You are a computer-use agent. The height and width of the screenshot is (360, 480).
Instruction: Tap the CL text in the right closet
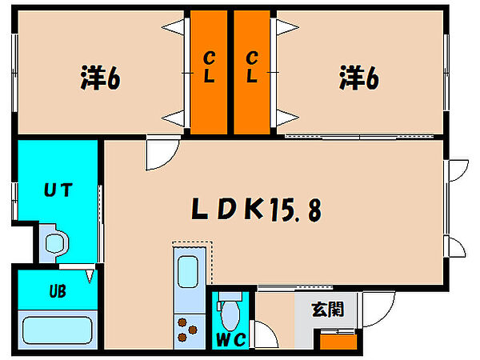[x=253, y=68]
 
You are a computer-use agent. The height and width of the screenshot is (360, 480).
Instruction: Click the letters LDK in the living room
[x=227, y=210]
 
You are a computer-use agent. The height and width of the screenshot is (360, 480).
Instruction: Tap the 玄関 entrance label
[x=328, y=309]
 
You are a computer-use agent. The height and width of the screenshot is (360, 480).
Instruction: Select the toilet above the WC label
[x=230, y=307]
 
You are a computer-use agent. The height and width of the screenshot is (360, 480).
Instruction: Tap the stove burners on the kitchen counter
[x=189, y=328]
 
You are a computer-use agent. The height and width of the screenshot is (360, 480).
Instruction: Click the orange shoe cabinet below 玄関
[x=337, y=340]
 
